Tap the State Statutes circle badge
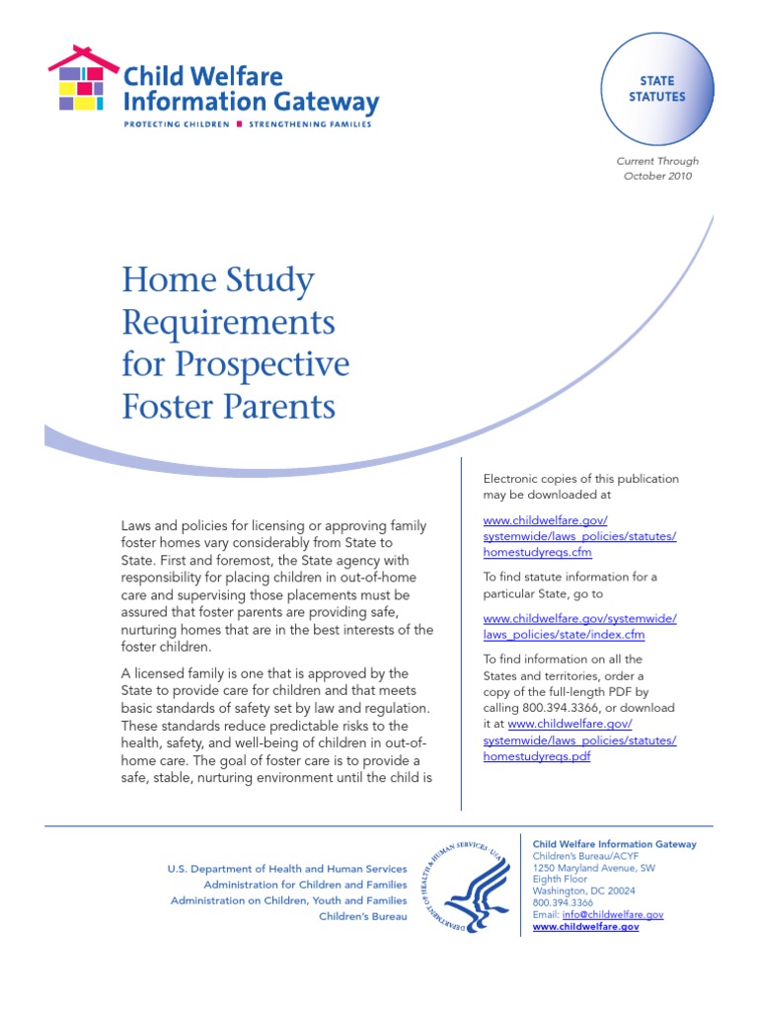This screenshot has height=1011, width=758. (656, 89)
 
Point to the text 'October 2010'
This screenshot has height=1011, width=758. (657, 176)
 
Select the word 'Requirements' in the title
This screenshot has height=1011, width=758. (228, 322)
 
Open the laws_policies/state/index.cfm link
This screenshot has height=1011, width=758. (564, 635)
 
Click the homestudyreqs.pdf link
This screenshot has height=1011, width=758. (537, 755)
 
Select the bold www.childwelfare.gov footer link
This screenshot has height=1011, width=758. (585, 928)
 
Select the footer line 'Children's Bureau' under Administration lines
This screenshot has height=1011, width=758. (362, 917)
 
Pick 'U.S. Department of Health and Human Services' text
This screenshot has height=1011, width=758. (286, 869)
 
